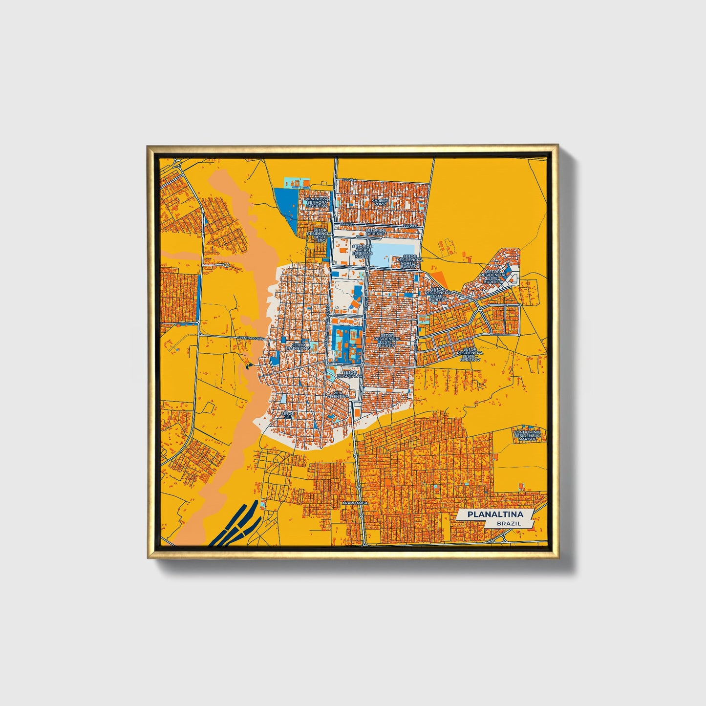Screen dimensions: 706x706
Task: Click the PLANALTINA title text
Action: pos(494,514)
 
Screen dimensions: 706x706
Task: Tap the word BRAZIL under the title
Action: pos(508,523)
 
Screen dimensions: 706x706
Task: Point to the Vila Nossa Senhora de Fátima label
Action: pos(317,203)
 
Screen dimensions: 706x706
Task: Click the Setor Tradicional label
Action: pos(301,346)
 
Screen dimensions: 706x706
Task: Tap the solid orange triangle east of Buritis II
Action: pos(440,280)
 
